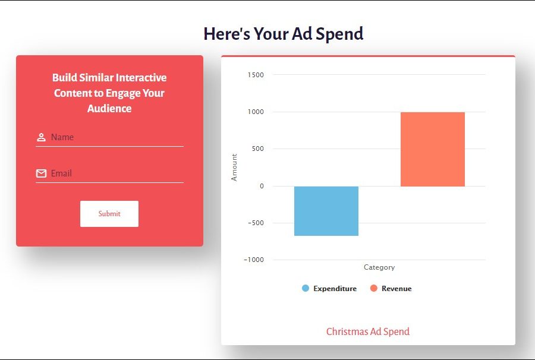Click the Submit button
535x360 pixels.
coord(109,214)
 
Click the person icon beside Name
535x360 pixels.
coord(41,137)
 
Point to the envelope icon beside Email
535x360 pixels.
coord(41,173)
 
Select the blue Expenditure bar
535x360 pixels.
coord(326,211)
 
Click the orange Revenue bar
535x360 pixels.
coord(433,149)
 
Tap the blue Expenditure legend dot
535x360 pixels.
coord(306,288)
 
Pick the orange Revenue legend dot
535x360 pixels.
coord(374,288)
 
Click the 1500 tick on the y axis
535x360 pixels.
coord(256,75)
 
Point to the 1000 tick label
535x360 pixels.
coord(256,112)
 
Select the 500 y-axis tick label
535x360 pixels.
coord(257,149)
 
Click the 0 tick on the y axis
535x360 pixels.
coord(262,186)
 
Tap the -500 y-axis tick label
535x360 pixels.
coord(256,223)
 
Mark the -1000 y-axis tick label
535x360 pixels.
coord(254,260)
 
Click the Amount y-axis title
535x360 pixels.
coord(234,168)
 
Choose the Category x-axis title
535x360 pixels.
coord(379,267)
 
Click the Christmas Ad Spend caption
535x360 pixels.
coord(368,331)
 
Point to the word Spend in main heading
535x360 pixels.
coord(339,34)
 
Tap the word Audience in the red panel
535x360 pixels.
coord(109,108)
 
